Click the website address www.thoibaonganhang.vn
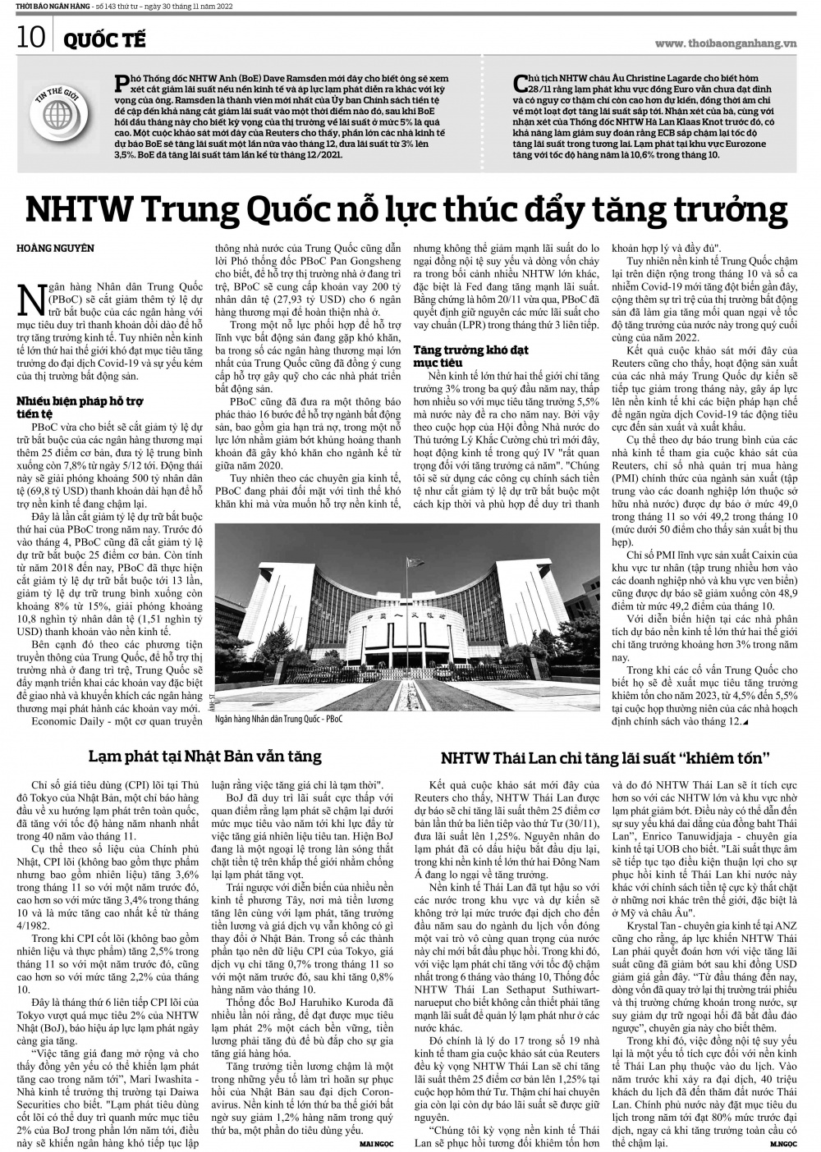click(726, 43)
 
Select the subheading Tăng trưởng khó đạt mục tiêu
click(460, 355)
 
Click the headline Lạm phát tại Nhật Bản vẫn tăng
click(205, 755)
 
